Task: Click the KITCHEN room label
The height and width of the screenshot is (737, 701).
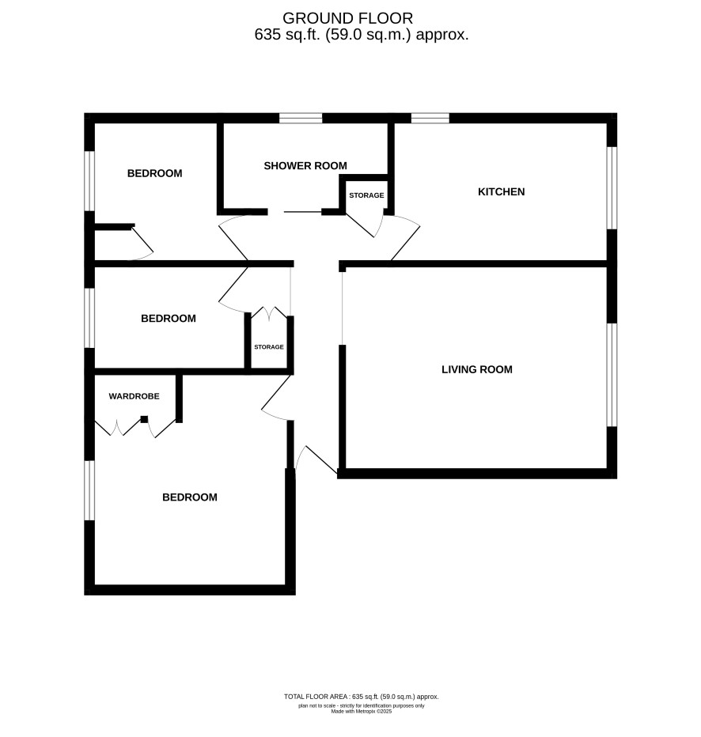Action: pyautogui.click(x=501, y=192)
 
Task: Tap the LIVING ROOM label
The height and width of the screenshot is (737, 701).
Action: pyautogui.click(x=477, y=369)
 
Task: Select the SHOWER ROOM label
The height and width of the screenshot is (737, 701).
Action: pyautogui.click(x=305, y=166)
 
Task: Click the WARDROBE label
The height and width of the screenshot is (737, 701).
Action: pyautogui.click(x=134, y=396)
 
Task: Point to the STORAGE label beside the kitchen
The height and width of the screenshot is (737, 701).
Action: pyautogui.click(x=366, y=195)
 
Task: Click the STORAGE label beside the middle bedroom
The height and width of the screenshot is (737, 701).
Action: pyautogui.click(x=269, y=347)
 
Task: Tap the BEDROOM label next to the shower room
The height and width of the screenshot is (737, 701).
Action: pyautogui.click(x=155, y=173)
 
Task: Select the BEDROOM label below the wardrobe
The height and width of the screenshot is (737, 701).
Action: pyautogui.click(x=190, y=497)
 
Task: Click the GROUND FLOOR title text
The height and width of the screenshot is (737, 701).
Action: pyautogui.click(x=347, y=18)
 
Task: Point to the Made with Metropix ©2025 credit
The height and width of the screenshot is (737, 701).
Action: pyautogui.click(x=361, y=712)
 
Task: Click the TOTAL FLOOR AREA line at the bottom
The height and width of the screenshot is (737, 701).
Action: pyautogui.click(x=361, y=697)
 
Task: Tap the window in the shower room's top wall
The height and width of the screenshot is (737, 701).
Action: pyautogui.click(x=301, y=118)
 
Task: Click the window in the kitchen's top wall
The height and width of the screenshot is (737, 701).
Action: pyautogui.click(x=430, y=118)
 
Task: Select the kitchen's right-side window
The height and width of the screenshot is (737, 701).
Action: pyautogui.click(x=612, y=188)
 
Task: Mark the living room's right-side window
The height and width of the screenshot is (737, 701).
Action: pyautogui.click(x=612, y=375)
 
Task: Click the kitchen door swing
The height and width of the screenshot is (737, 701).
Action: pyautogui.click(x=404, y=237)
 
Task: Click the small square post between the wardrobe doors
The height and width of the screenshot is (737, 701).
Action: pyautogui.click(x=144, y=419)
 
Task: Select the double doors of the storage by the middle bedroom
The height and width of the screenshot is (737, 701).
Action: pyautogui.click(x=269, y=313)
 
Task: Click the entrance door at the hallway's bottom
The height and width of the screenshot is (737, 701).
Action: pyautogui.click(x=315, y=459)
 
